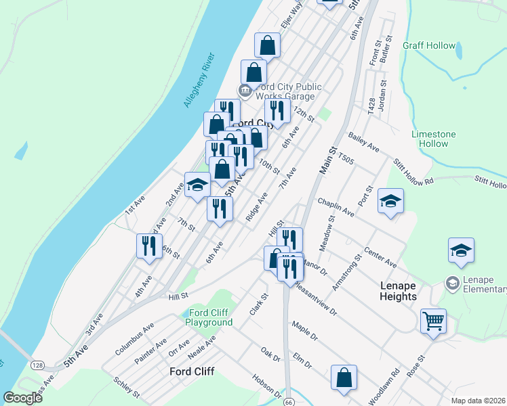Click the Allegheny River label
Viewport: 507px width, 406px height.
199,81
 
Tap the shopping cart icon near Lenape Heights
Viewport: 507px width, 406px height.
433,321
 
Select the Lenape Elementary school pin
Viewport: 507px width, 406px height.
451,281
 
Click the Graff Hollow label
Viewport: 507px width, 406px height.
429,45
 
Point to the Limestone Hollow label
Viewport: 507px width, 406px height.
434,139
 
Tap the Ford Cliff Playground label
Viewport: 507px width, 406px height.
209,317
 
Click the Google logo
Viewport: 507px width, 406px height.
22,398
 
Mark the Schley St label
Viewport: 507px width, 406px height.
126,387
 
